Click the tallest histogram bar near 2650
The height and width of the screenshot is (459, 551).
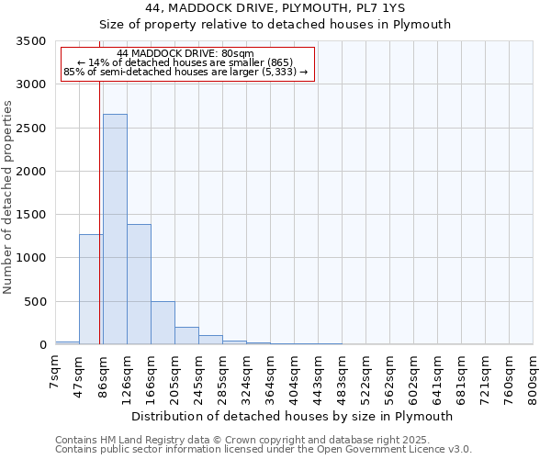(115, 229)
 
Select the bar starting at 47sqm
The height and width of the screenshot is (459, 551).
(91, 289)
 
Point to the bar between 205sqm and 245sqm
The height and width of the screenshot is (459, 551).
(186, 336)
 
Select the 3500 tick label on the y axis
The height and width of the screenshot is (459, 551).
(31, 41)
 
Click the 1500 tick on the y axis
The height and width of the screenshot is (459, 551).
(31, 215)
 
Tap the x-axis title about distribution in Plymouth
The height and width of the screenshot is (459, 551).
(292, 417)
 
